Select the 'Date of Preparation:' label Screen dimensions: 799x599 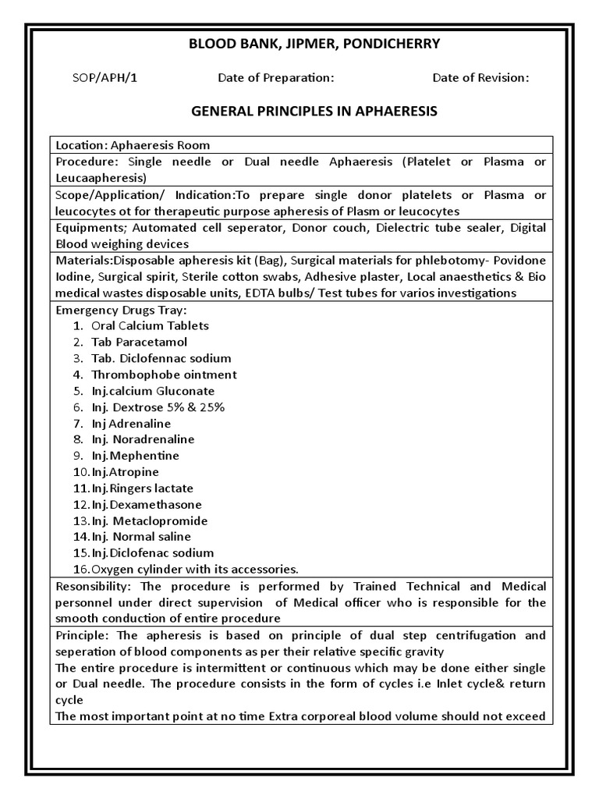(276, 77)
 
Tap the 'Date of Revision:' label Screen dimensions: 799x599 (481, 77)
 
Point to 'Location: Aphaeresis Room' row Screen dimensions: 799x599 (133, 145)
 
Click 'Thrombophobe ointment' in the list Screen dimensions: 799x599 (164, 375)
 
